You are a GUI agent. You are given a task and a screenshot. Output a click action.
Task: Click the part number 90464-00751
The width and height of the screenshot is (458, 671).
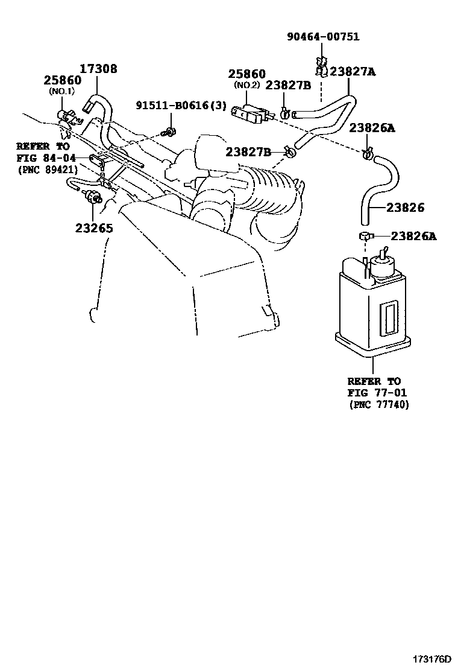point(331,37)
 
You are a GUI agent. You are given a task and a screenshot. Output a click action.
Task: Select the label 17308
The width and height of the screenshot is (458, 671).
point(99,69)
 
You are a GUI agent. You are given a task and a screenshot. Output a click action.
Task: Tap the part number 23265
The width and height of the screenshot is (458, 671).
point(94,228)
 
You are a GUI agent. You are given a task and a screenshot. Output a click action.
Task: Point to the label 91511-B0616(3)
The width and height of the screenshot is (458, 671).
point(180,106)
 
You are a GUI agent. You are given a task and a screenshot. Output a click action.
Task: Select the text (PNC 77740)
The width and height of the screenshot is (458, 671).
point(378,405)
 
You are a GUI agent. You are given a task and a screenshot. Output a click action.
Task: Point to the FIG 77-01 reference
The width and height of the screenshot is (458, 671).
point(374,393)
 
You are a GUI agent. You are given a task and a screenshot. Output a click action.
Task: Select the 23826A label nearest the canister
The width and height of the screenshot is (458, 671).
point(413,236)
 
